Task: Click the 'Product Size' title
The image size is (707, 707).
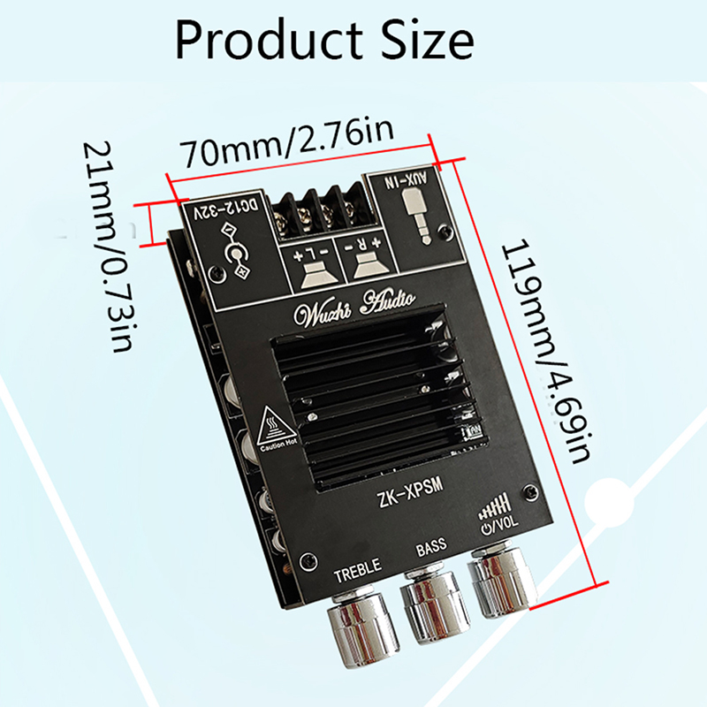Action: [324, 39]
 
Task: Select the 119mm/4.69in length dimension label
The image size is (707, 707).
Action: [545, 352]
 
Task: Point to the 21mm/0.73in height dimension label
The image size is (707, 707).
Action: [108, 247]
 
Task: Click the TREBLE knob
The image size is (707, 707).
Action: [363, 627]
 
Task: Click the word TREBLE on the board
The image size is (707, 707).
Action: [358, 570]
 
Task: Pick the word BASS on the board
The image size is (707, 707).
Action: [431, 546]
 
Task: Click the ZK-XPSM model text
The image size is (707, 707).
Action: [409, 492]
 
